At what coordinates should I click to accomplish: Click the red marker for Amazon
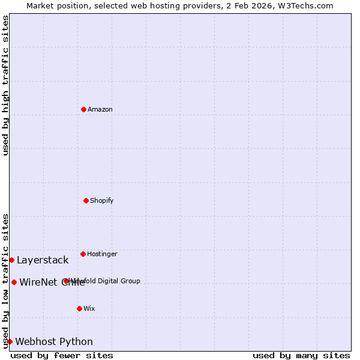[83, 109]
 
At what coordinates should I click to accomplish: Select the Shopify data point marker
[86, 200]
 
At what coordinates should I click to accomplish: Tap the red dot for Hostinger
[83, 254]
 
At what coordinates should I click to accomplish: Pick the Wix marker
[79, 308]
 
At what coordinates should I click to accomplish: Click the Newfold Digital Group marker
[66, 281]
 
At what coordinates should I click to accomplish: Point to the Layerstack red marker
[11, 260]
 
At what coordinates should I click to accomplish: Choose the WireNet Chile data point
[14, 282]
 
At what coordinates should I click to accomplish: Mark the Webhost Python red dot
[10, 341]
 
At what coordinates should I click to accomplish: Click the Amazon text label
[100, 109]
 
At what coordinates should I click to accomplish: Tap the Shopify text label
[102, 200]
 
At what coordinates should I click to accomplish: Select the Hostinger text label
[102, 254]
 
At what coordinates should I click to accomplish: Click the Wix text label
[89, 308]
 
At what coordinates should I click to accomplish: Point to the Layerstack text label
[43, 260]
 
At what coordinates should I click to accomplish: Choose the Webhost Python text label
[54, 341]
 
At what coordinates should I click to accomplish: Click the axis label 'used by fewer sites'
[62, 355]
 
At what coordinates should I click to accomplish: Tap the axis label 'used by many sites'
[301, 355]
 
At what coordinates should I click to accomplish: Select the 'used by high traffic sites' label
[5, 85]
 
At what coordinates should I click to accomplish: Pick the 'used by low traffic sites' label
[5, 281]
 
